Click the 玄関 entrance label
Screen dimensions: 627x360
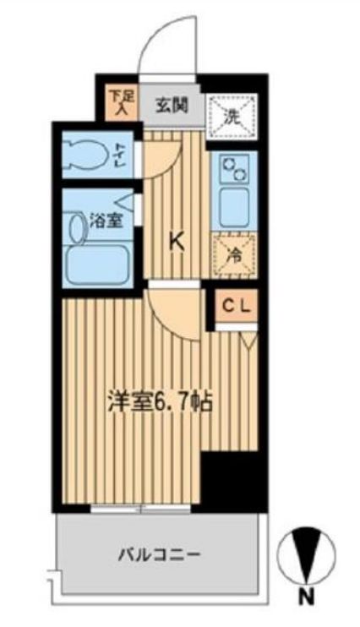point(171,106)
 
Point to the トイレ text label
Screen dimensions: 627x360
point(117,154)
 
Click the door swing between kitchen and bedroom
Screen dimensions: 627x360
point(173,313)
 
